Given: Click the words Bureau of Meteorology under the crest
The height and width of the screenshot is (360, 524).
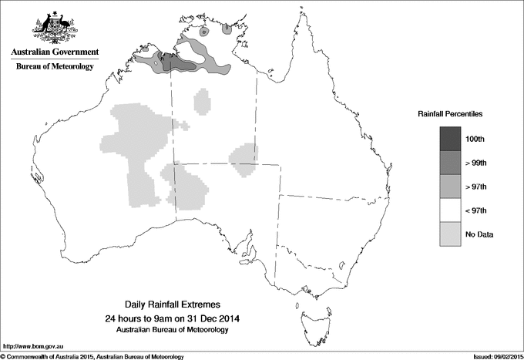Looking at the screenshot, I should click(x=55, y=66).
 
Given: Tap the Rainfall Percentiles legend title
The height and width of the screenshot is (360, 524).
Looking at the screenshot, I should click(x=450, y=114).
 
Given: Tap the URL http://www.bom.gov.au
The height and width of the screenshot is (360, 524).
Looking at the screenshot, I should click(x=32, y=346).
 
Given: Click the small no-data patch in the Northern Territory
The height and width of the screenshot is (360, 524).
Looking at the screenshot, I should click(x=203, y=101).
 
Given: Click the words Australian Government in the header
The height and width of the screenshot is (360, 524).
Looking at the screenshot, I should click(x=55, y=52).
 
